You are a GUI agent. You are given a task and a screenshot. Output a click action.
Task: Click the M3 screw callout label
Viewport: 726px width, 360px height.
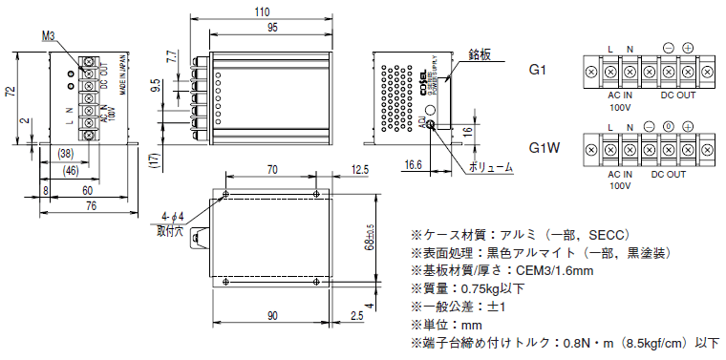coord(51,34)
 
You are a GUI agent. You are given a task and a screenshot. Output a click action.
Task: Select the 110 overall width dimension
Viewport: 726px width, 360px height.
coord(262,11)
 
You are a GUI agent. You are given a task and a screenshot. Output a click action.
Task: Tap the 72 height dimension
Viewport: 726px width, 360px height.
coord(11,92)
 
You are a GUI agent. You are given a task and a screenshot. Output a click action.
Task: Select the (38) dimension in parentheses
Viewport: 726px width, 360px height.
coord(66,154)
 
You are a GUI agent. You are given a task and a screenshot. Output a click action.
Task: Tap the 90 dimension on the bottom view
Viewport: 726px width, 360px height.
coord(273,314)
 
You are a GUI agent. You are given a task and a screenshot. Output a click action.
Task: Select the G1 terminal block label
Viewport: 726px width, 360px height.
coord(539,70)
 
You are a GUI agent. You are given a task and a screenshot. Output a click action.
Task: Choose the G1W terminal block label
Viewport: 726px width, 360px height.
coord(543,149)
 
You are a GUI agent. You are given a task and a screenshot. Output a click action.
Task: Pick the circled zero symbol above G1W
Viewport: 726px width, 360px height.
coord(668,126)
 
